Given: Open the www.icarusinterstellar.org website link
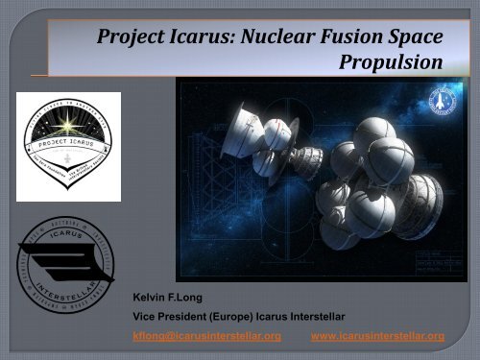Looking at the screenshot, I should click(x=378, y=336).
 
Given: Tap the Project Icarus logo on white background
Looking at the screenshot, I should click(x=68, y=145).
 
